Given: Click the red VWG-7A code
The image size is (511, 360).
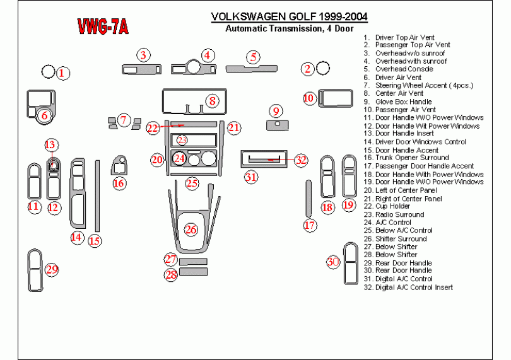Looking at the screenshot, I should click(103, 26).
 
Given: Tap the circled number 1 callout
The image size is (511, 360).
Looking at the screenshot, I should click(62, 73).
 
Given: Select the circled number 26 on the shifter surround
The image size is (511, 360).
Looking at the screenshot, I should click(191, 229).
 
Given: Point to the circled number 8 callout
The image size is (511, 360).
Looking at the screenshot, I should click(212, 100).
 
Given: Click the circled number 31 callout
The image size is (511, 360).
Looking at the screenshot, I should click(251, 177).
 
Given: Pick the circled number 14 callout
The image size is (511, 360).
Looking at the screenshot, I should click(77, 237).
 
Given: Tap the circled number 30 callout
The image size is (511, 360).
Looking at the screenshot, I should click(333, 262).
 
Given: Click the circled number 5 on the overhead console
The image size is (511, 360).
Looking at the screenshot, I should click(253, 57).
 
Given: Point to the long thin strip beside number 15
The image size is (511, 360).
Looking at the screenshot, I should click(97, 195).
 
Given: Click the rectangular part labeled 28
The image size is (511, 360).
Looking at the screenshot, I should click(194, 272).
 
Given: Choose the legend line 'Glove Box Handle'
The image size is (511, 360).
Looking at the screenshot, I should click(403, 102).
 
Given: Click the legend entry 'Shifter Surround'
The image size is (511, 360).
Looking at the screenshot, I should click(401, 239).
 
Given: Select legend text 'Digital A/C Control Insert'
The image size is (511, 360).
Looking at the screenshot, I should click(413, 287).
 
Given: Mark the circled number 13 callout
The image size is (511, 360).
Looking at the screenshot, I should click(50, 145).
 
